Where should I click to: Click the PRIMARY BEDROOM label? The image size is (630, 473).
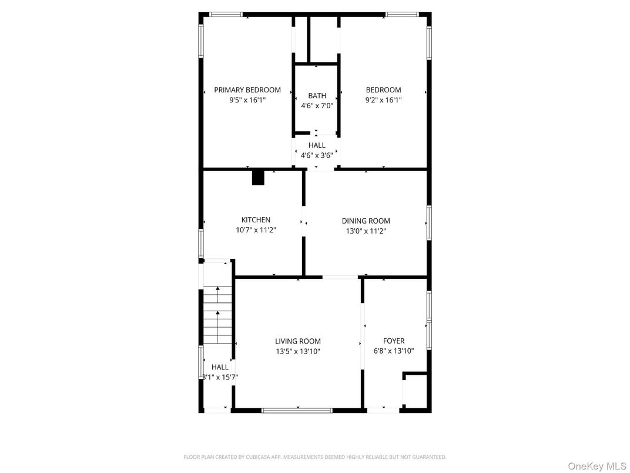[x=247, y=90]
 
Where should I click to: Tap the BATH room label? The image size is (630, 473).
[x=317, y=96]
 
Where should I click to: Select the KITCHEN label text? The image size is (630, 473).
[x=256, y=220]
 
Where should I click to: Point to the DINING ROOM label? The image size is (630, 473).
[x=366, y=221]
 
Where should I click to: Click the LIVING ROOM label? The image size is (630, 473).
[x=298, y=341]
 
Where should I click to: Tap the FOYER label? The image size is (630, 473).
[x=394, y=341]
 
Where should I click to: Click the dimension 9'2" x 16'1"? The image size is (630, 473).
[x=383, y=100]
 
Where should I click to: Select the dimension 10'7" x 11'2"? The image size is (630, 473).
[x=256, y=230]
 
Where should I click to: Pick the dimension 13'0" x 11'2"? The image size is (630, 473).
[x=366, y=231]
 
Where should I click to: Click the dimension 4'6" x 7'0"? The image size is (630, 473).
[x=317, y=106]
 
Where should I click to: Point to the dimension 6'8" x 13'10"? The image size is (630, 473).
[x=394, y=351]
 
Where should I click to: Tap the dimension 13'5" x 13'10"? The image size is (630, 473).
[x=298, y=351]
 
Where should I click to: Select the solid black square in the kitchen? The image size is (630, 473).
[x=258, y=178]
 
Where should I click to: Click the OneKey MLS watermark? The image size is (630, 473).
[x=597, y=466]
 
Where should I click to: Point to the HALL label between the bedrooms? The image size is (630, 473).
[x=317, y=145]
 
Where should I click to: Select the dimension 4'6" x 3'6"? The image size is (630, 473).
[x=317, y=155]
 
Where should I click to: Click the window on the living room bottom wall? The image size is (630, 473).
[x=297, y=409]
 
